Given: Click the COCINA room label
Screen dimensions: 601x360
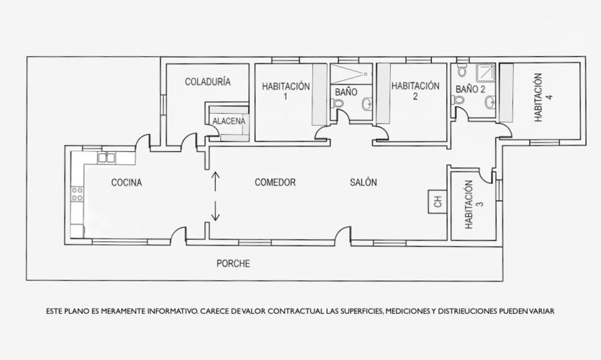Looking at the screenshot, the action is pos(127,182).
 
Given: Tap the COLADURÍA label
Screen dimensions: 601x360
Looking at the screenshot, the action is pos(208,81).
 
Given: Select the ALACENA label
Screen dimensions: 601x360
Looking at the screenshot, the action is pos(229,121).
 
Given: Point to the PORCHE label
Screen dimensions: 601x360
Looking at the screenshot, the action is pos(233,264).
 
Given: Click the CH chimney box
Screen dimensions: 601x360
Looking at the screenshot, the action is pos(438,202).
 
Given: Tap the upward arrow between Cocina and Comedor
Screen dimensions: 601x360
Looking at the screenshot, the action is pos(216,181).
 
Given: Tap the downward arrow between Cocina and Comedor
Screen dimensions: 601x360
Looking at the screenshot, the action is pos(216,211).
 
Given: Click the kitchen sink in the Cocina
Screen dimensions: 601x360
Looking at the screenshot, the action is pos(107,157).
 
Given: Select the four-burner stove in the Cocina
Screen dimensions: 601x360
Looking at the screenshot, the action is pos(77,194).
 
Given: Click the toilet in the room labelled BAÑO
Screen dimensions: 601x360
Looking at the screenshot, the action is pos(338,103).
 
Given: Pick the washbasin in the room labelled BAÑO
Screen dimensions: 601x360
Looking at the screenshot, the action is pos(367,104).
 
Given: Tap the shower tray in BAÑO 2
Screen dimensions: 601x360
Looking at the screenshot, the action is pos(485,73).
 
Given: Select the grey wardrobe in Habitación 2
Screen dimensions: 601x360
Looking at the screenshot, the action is pos(384,93).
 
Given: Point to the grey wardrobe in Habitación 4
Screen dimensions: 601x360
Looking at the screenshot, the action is pos(506,93).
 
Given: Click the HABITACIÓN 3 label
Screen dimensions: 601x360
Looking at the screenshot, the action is pos(474,204).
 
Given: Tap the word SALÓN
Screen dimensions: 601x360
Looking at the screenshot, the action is pos(363,182).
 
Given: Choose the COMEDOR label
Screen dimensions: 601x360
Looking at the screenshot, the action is pos(275,182).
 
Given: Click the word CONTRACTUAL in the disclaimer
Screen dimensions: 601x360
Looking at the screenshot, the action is pos(296,311).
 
